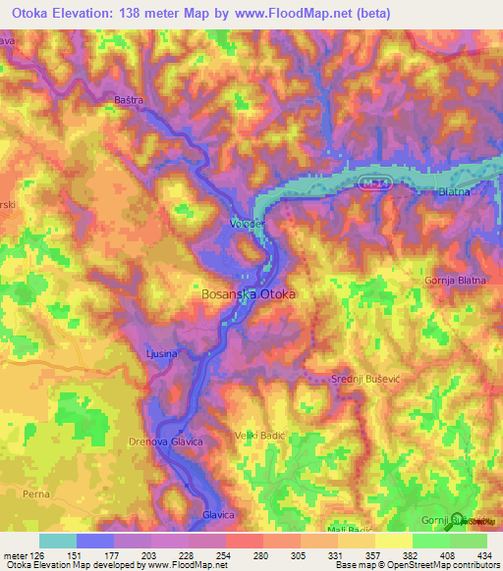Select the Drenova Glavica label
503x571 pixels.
pos(165,442)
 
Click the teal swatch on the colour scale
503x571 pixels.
pos(57,541)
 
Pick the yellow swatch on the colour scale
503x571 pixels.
pos(393,541)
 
